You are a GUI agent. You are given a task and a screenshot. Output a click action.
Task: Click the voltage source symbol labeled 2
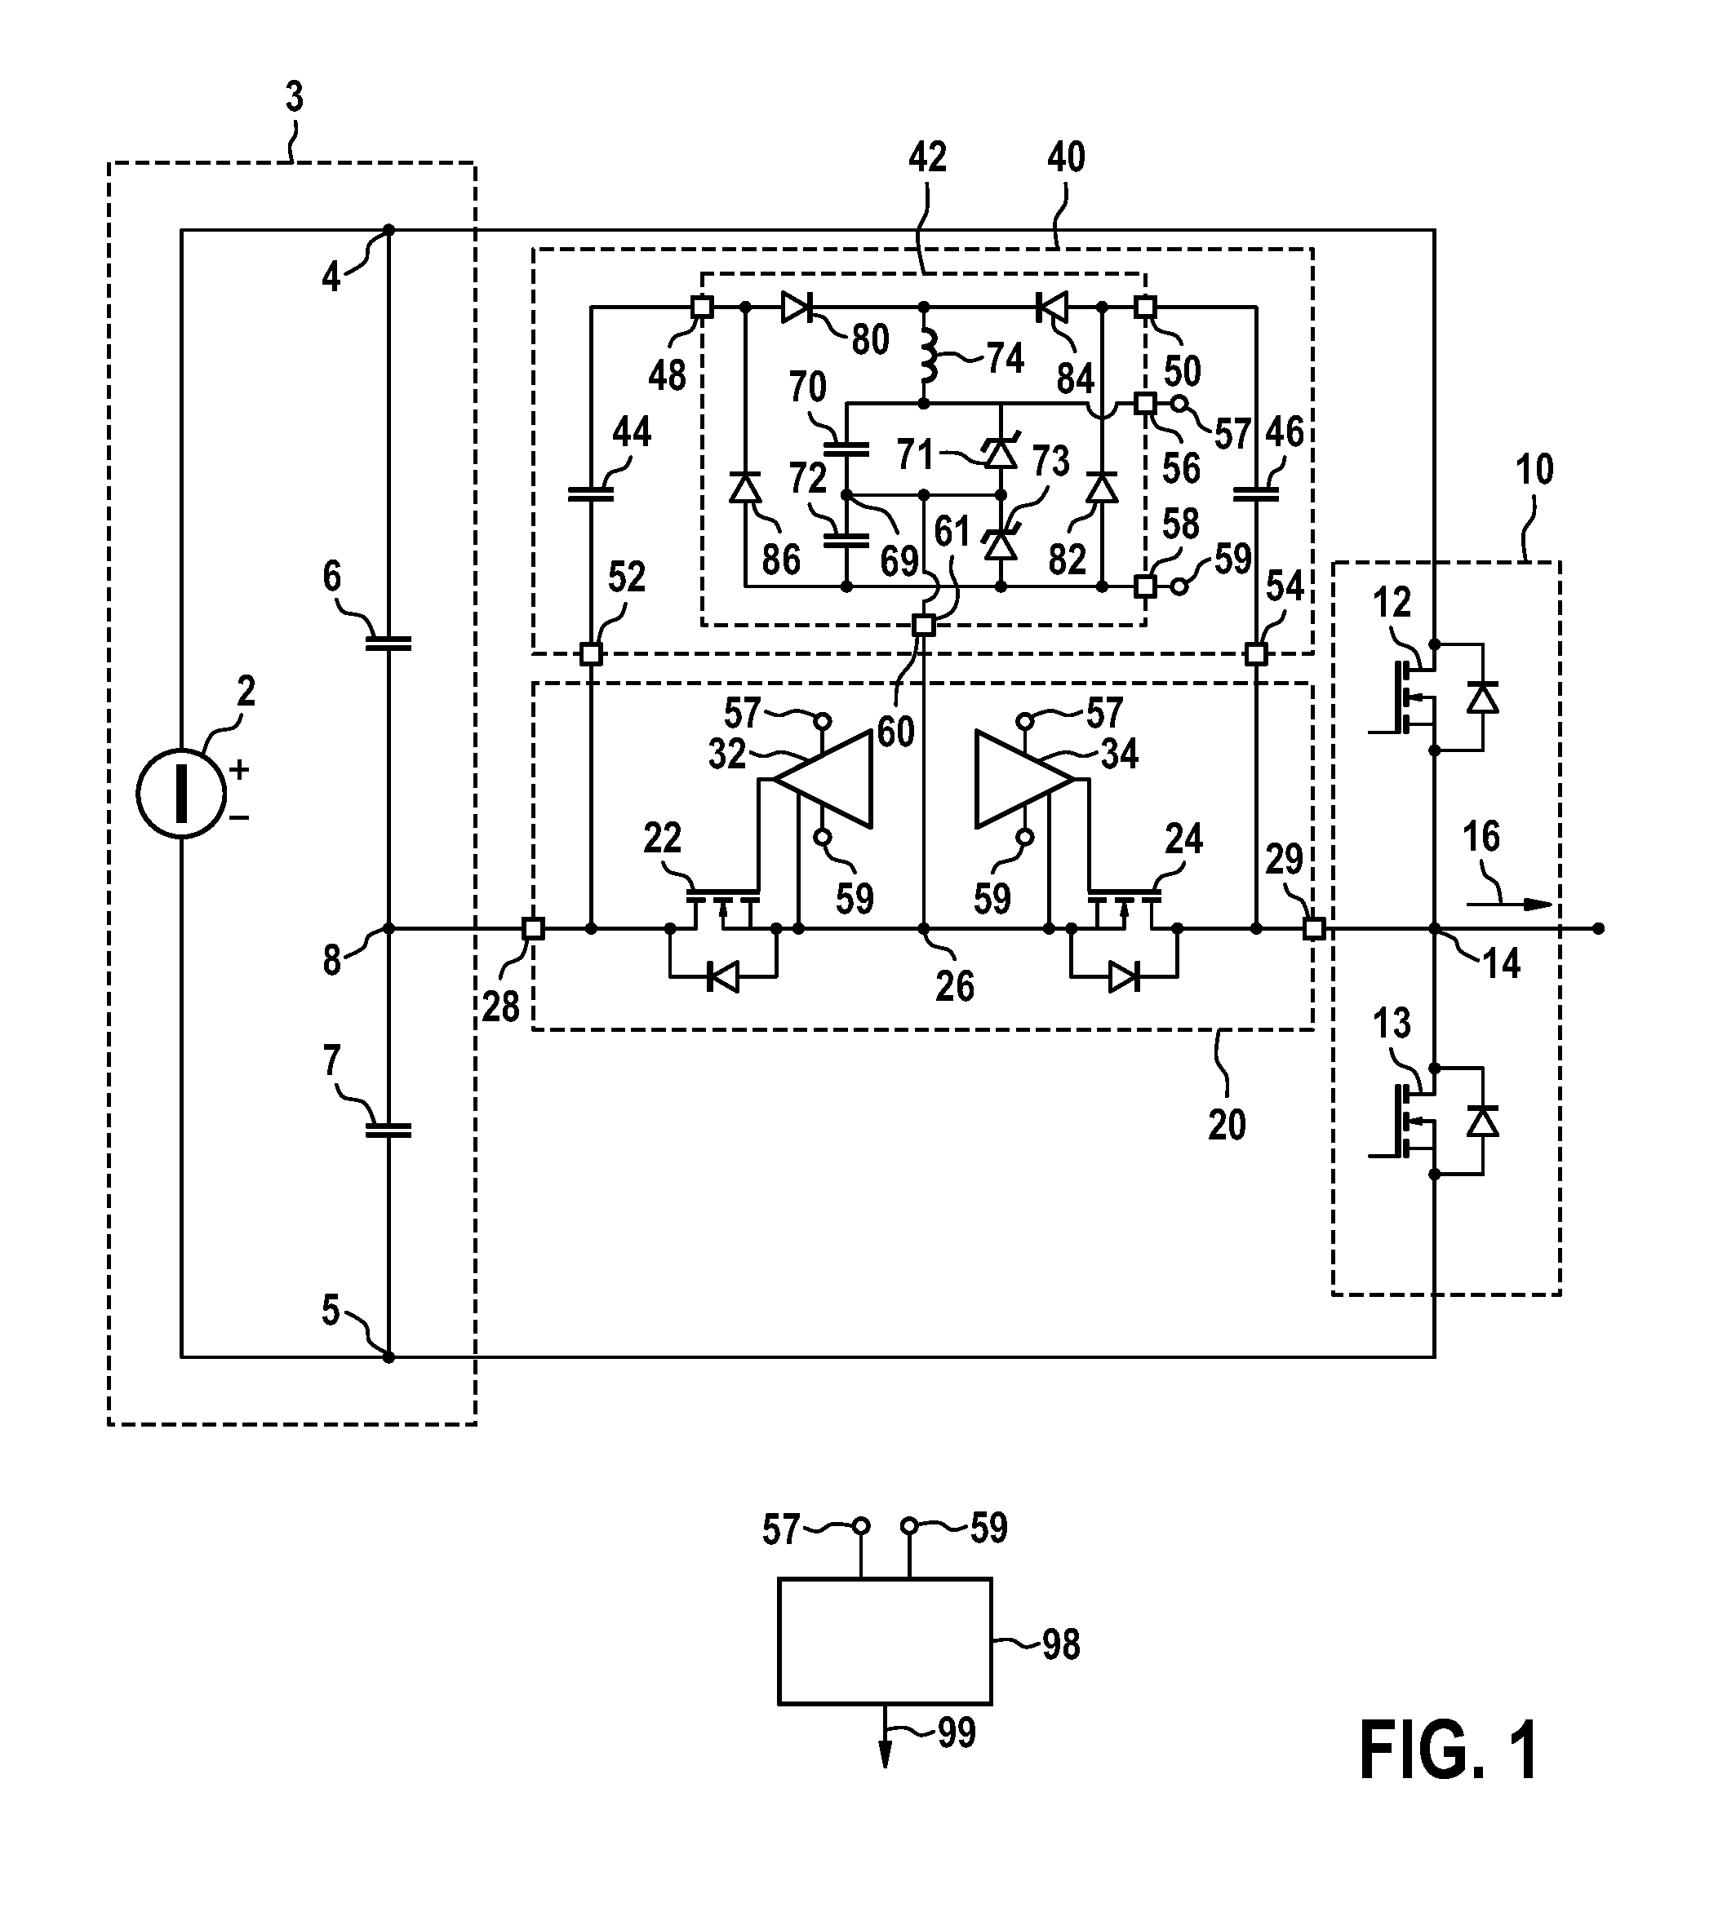180,794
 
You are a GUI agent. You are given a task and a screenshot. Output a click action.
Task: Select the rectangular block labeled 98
885,1642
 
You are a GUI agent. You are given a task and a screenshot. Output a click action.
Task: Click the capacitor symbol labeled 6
388,642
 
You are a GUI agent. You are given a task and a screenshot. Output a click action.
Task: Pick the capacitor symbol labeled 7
388,1129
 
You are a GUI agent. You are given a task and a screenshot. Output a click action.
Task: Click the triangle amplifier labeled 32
823,779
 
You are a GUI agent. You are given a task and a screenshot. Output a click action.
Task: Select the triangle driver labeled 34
1025,779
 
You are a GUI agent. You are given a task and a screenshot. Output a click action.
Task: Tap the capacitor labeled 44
590,493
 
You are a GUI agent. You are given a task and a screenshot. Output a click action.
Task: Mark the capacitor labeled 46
1255,493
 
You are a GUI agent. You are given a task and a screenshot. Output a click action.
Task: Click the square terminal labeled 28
533,928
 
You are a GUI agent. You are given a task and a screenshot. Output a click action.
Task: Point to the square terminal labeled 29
1314,928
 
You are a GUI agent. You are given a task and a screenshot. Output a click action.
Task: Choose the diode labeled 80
797,308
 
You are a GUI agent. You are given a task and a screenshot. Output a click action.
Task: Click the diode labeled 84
1050,308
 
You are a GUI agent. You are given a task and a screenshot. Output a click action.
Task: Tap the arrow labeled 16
1509,904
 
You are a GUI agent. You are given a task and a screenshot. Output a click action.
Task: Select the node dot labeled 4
388,229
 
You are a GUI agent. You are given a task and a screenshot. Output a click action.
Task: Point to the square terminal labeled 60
922,625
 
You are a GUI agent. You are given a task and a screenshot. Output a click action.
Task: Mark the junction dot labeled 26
923,928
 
